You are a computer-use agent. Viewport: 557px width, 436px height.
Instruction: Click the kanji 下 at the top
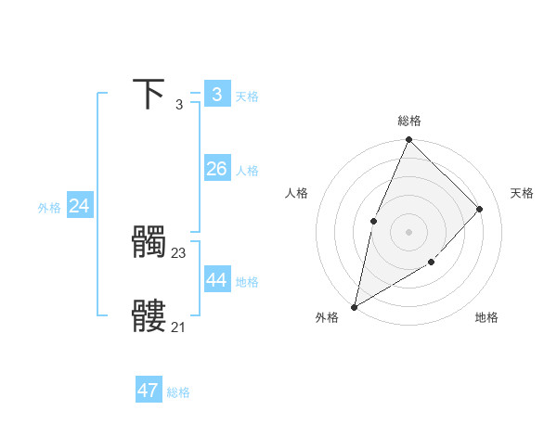click(x=149, y=94)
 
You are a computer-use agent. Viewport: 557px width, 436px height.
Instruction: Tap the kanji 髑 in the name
click(x=149, y=243)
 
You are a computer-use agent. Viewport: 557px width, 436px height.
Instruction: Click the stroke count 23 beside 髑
click(x=179, y=252)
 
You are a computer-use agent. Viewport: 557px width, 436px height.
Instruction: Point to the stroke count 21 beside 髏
click(x=178, y=327)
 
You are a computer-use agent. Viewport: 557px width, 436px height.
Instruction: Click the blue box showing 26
click(x=216, y=169)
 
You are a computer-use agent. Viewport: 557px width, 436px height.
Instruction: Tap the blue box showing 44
click(x=216, y=280)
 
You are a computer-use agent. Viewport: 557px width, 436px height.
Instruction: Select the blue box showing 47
click(x=148, y=391)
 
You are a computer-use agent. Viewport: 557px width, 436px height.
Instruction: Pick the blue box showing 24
click(x=80, y=206)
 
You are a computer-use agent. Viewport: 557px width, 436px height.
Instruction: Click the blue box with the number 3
click(x=216, y=94)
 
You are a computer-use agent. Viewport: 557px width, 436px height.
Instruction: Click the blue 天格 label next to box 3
click(x=247, y=96)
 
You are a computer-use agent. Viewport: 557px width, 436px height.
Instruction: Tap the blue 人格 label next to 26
click(x=247, y=172)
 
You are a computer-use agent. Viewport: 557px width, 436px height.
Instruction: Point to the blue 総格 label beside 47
click(x=178, y=393)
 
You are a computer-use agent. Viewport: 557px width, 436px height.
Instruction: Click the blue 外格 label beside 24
click(x=49, y=209)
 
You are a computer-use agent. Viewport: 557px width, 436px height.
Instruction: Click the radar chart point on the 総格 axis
click(x=408, y=140)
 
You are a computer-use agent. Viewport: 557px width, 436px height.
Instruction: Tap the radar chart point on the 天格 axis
click(x=480, y=209)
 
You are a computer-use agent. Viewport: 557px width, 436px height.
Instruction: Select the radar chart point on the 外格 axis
click(x=355, y=306)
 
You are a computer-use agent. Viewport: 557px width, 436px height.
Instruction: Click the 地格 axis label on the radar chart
click(x=486, y=318)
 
